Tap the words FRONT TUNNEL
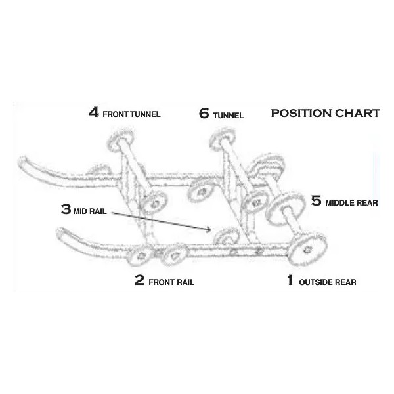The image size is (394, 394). tap(132, 114)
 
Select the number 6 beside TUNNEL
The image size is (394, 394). tap(204, 113)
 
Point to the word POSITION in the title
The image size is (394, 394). tap(302, 113)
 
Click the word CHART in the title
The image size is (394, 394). tap(359, 113)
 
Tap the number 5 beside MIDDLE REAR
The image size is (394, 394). tap(316, 200)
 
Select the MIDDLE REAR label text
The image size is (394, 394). tap(351, 203)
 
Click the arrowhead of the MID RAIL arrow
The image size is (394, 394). tap(209, 230)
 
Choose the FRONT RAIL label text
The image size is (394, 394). tap(171, 283)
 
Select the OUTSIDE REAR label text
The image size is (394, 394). tap(328, 283)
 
